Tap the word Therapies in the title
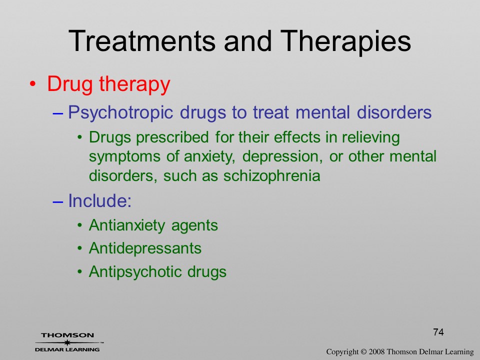coord(345,42)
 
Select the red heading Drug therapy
coord(108,84)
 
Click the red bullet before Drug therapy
coord(33,84)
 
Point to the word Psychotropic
coord(120,112)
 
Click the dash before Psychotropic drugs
coord(57,113)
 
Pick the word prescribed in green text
coord(172,138)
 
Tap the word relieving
coord(370,138)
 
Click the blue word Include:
coord(100,200)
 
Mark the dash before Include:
coord(57,201)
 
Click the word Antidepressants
coord(145,248)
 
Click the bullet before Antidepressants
coord(80,248)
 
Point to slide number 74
coord(438,332)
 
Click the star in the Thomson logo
coord(67,342)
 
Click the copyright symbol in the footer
coord(363,352)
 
